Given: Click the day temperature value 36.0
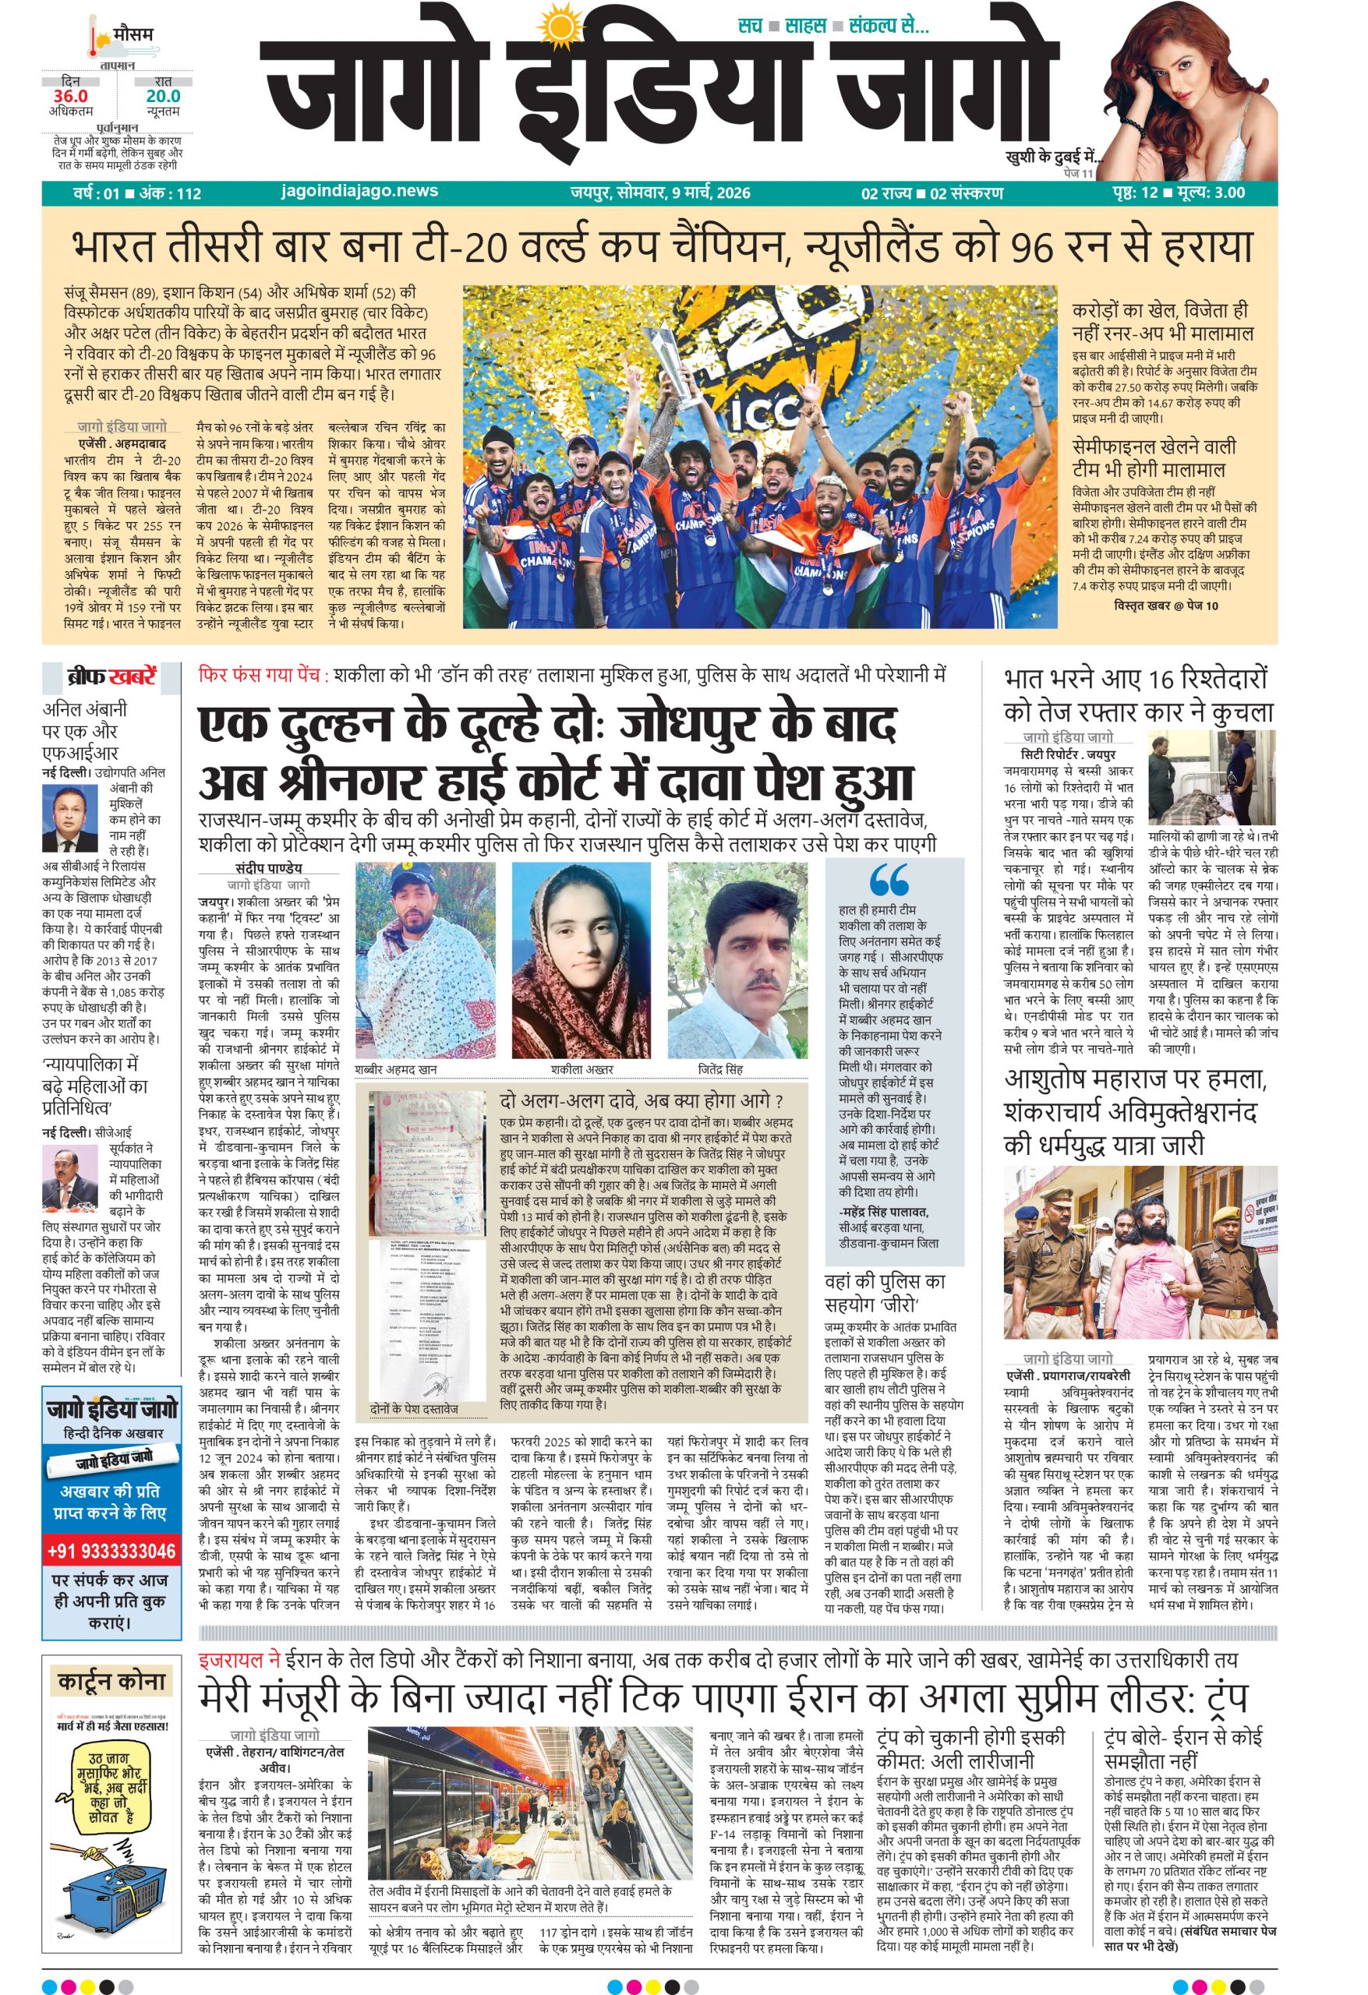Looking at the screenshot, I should pyautogui.click(x=70, y=96).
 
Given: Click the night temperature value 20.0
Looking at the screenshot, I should pyautogui.click(x=162, y=96).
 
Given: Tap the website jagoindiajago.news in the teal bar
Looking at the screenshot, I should pyautogui.click(x=359, y=192).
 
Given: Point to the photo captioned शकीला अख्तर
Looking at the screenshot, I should pyautogui.click(x=581, y=960).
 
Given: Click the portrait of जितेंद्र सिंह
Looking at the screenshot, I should pyautogui.click(x=736, y=960).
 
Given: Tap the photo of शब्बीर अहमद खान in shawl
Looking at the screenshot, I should pyautogui.click(x=424, y=960).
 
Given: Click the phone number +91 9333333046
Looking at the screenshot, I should pyautogui.click(x=111, y=1551).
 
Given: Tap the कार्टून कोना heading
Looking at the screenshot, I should pyautogui.click(x=111, y=1680).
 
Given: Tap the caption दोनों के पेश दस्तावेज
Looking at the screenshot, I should pyautogui.click(x=415, y=1410).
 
